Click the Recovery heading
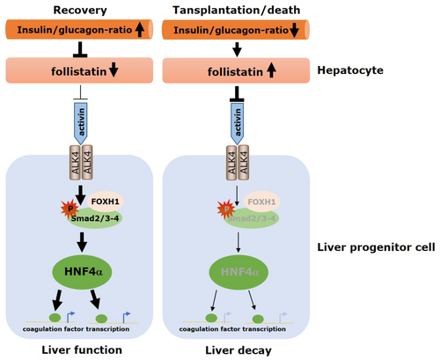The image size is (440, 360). pyautogui.click(x=80, y=11)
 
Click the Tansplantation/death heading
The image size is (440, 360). pyautogui.click(x=237, y=11)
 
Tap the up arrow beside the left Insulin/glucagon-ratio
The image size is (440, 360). pyautogui.click(x=140, y=30)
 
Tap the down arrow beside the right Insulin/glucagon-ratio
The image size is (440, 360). pyautogui.click(x=295, y=30)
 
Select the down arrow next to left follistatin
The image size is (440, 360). pyautogui.click(x=114, y=70)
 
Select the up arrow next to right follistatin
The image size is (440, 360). pyautogui.click(x=272, y=70)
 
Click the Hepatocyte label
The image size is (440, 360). pyautogui.click(x=350, y=70)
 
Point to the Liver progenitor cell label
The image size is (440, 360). pyautogui.click(x=376, y=247)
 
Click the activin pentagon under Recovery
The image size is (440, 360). pyautogui.click(x=80, y=123)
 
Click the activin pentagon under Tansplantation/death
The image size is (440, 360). pyautogui.click(x=237, y=123)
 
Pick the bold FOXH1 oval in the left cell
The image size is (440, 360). pyautogui.click(x=105, y=202)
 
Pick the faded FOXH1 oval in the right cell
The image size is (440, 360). pyautogui.click(x=261, y=202)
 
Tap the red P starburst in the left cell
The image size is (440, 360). pyautogui.click(x=70, y=209)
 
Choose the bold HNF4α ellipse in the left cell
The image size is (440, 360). pyautogui.click(x=82, y=271)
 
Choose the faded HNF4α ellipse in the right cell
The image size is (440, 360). pyautogui.click(x=238, y=272)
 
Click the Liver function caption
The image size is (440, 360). pyautogui.click(x=82, y=350)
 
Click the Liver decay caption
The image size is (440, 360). pyautogui.click(x=238, y=350)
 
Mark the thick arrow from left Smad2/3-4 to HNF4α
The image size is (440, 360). pyautogui.click(x=82, y=242)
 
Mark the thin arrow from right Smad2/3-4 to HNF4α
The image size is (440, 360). pyautogui.click(x=238, y=242)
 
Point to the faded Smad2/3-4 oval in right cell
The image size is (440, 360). pyautogui.click(x=252, y=218)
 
